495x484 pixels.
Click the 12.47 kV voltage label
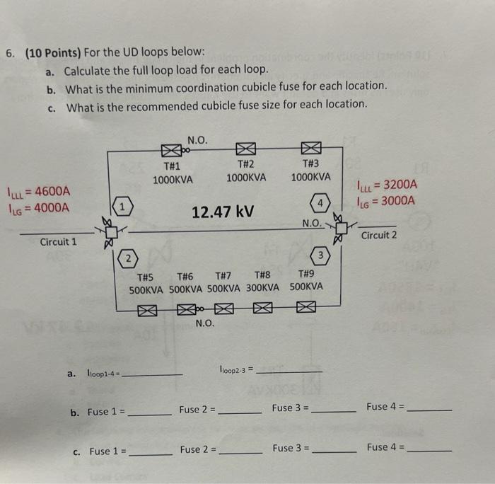(x=223, y=212)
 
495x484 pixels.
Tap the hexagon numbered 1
(x=122, y=207)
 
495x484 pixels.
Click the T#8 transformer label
(x=262, y=275)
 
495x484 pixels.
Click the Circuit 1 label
(x=59, y=241)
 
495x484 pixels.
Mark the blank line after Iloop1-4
(x=152, y=373)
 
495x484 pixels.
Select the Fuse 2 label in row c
(x=197, y=449)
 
